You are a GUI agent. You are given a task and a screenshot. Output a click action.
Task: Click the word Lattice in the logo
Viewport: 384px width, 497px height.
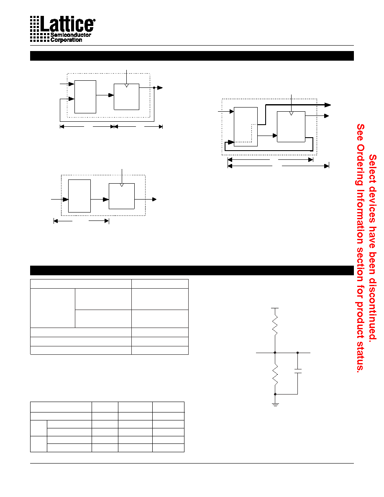[x=67, y=24]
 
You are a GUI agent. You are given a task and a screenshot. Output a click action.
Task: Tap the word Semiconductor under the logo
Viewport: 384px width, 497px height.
[x=71, y=35]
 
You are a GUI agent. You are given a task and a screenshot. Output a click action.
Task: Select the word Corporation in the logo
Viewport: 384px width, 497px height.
[x=66, y=40]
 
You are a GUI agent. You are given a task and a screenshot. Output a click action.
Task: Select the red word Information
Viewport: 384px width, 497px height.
[x=360, y=217]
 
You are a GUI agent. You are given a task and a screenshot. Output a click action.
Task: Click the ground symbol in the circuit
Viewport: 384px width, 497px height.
[x=275, y=405]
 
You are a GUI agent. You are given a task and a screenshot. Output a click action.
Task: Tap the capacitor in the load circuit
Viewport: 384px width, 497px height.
[x=297, y=371]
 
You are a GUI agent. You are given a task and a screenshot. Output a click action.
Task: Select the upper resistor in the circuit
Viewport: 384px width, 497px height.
[x=275, y=325]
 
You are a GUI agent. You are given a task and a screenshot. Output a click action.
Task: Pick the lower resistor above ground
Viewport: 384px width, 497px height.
[x=275, y=374]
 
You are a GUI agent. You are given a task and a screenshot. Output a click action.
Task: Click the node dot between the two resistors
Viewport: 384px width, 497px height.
[x=275, y=353]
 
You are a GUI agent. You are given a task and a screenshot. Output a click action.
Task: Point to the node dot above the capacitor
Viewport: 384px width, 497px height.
[x=297, y=353]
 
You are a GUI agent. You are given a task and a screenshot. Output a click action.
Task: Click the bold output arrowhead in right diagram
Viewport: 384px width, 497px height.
[x=328, y=105]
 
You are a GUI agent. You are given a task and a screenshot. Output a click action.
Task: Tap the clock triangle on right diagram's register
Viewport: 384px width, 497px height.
[x=291, y=113]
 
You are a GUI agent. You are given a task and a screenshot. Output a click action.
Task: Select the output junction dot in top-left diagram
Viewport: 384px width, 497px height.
[x=154, y=87]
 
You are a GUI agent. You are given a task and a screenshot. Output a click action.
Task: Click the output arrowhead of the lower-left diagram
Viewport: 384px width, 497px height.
[x=154, y=200]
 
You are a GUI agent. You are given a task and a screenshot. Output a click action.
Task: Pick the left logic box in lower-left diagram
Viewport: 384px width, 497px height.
[x=79, y=196]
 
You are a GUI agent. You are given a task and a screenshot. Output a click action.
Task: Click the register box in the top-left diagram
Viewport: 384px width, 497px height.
[x=126, y=97]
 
